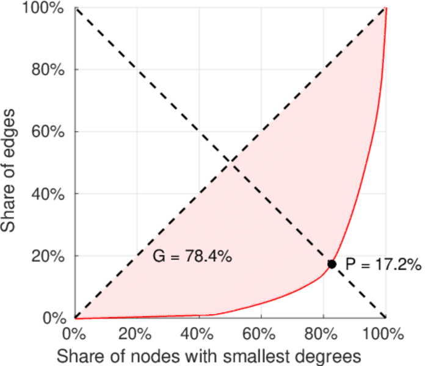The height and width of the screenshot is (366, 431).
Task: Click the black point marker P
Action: [332, 264]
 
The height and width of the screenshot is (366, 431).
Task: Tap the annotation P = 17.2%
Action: [383, 265]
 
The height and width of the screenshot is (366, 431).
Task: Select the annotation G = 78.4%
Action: [192, 257]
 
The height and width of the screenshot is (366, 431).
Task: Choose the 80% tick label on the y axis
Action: [48, 70]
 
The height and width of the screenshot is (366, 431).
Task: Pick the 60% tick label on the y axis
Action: [48, 132]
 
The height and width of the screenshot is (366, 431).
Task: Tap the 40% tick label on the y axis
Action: [48, 194]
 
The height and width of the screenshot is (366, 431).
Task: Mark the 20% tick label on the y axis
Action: [48, 256]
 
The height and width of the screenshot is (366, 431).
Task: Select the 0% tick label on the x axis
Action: [76, 334]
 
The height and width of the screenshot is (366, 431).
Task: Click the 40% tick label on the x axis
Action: [199, 334]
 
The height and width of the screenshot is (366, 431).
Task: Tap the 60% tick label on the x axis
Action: [261, 334]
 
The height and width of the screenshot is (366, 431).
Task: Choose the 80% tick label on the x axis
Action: [324, 334]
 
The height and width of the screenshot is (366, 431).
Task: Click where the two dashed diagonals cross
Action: [230, 162]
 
